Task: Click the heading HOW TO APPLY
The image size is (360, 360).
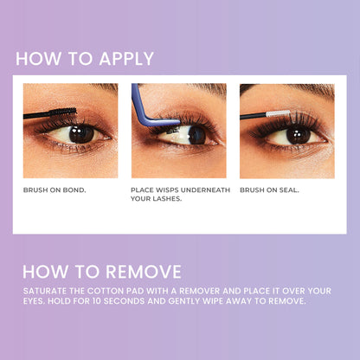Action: (x=85, y=59)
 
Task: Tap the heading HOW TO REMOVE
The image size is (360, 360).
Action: (x=102, y=271)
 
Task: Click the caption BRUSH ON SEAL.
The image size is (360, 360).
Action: (x=269, y=190)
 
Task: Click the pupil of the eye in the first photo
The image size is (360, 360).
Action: (x=81, y=133)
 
